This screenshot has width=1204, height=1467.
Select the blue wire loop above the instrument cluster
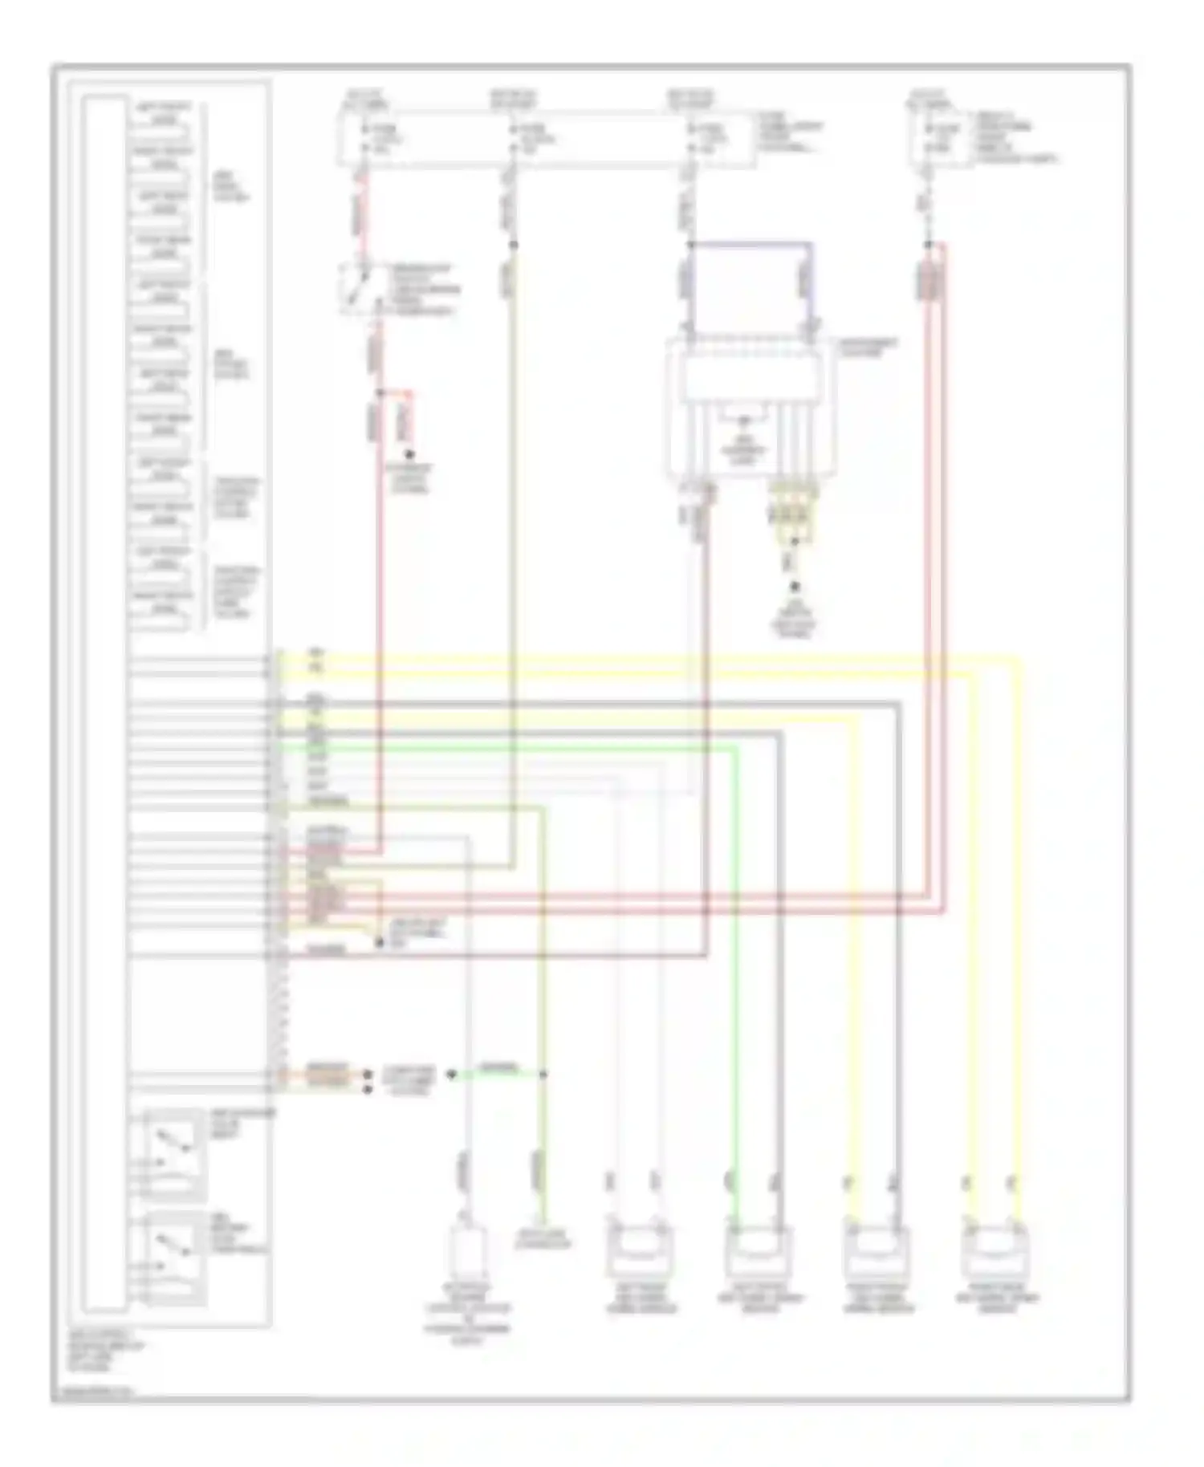tap(750, 244)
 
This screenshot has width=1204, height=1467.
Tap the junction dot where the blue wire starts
tap(689, 244)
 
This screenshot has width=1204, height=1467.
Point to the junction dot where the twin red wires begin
tap(928, 244)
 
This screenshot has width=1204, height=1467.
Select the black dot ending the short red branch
tap(409, 454)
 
